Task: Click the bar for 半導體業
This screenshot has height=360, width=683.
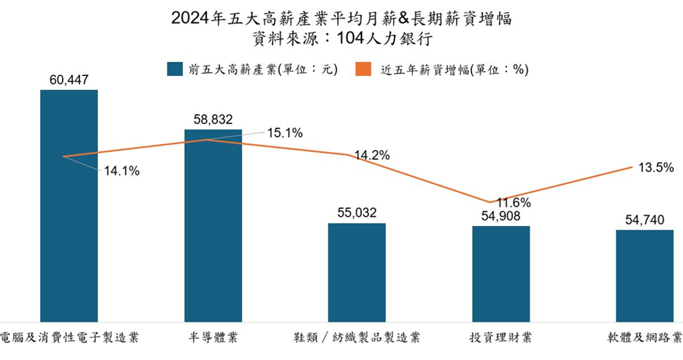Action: tap(213, 233)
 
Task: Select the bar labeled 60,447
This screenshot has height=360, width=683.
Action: tap(69, 213)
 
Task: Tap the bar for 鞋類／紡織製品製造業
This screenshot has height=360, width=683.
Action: tap(357, 273)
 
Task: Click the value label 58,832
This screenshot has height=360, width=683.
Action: tap(213, 119)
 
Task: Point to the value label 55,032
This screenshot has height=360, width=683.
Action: tap(357, 213)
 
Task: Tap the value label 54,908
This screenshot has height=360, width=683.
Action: tap(501, 216)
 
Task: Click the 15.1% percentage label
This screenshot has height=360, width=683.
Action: tap(285, 133)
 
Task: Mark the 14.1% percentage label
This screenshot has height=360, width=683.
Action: tap(121, 171)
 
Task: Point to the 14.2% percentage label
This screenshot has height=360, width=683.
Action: tap(372, 156)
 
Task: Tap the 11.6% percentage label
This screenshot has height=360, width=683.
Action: tap(513, 203)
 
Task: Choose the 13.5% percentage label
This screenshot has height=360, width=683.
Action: tap(656, 168)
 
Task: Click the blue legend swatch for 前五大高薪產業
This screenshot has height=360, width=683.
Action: tap(175, 69)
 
